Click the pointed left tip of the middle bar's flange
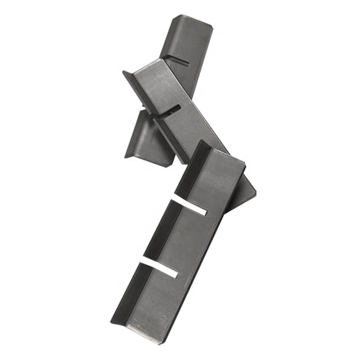pyautogui.click(x=124, y=72)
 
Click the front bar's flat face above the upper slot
pyautogui.click(x=217, y=180)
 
